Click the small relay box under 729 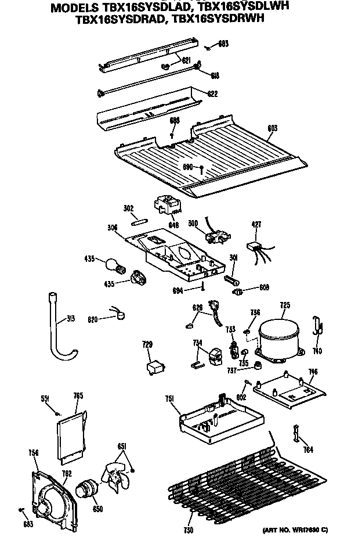pos(155,367)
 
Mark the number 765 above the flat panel pos(78,395)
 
